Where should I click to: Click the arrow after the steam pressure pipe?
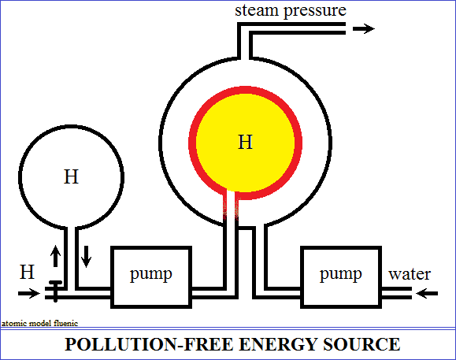364,28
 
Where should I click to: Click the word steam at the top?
257,10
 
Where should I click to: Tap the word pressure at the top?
315,12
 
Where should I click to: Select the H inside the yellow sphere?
245,142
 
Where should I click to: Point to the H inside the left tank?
71,176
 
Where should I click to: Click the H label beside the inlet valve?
27,272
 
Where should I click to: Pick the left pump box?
151,276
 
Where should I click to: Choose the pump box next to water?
341,276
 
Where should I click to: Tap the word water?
410,274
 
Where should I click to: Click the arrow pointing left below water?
427,293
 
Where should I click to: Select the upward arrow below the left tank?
55,256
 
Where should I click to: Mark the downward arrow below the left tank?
86,257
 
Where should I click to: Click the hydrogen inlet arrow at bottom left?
29,293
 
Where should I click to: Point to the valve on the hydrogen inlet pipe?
55,291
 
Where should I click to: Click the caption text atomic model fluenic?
40,323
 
